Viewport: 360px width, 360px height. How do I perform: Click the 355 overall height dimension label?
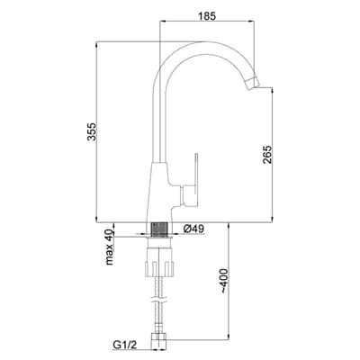(x=92, y=131)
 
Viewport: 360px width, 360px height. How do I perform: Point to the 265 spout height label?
(x=266, y=154)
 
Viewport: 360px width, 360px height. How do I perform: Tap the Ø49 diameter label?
(x=193, y=229)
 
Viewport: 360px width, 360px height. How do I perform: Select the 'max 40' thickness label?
(x=110, y=247)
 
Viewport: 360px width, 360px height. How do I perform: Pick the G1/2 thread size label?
(x=125, y=346)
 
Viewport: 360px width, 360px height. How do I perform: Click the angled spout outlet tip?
(x=254, y=83)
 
